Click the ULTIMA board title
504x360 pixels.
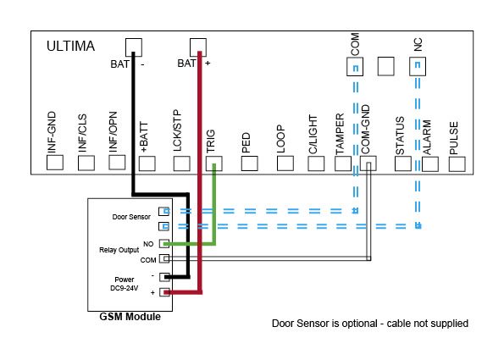(70, 46)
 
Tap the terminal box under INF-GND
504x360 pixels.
(55, 163)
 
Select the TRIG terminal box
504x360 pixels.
(213, 163)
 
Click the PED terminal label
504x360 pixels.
(246, 142)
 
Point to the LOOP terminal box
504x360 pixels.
(285, 163)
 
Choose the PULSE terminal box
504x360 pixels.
(457, 164)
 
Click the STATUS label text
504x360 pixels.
(400, 136)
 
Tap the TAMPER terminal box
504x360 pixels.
(343, 163)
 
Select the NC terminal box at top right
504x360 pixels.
(418, 67)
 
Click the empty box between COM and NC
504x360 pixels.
(385, 66)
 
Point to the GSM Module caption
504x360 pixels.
(130, 317)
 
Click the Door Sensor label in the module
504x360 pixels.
(131, 217)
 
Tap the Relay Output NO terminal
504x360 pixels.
(164, 244)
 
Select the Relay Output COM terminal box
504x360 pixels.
(164, 258)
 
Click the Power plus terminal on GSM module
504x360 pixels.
(164, 292)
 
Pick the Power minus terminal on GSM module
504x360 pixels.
(164, 277)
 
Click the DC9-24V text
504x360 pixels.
(124, 288)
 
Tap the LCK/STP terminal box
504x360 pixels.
(181, 163)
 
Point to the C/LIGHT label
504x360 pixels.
(313, 135)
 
